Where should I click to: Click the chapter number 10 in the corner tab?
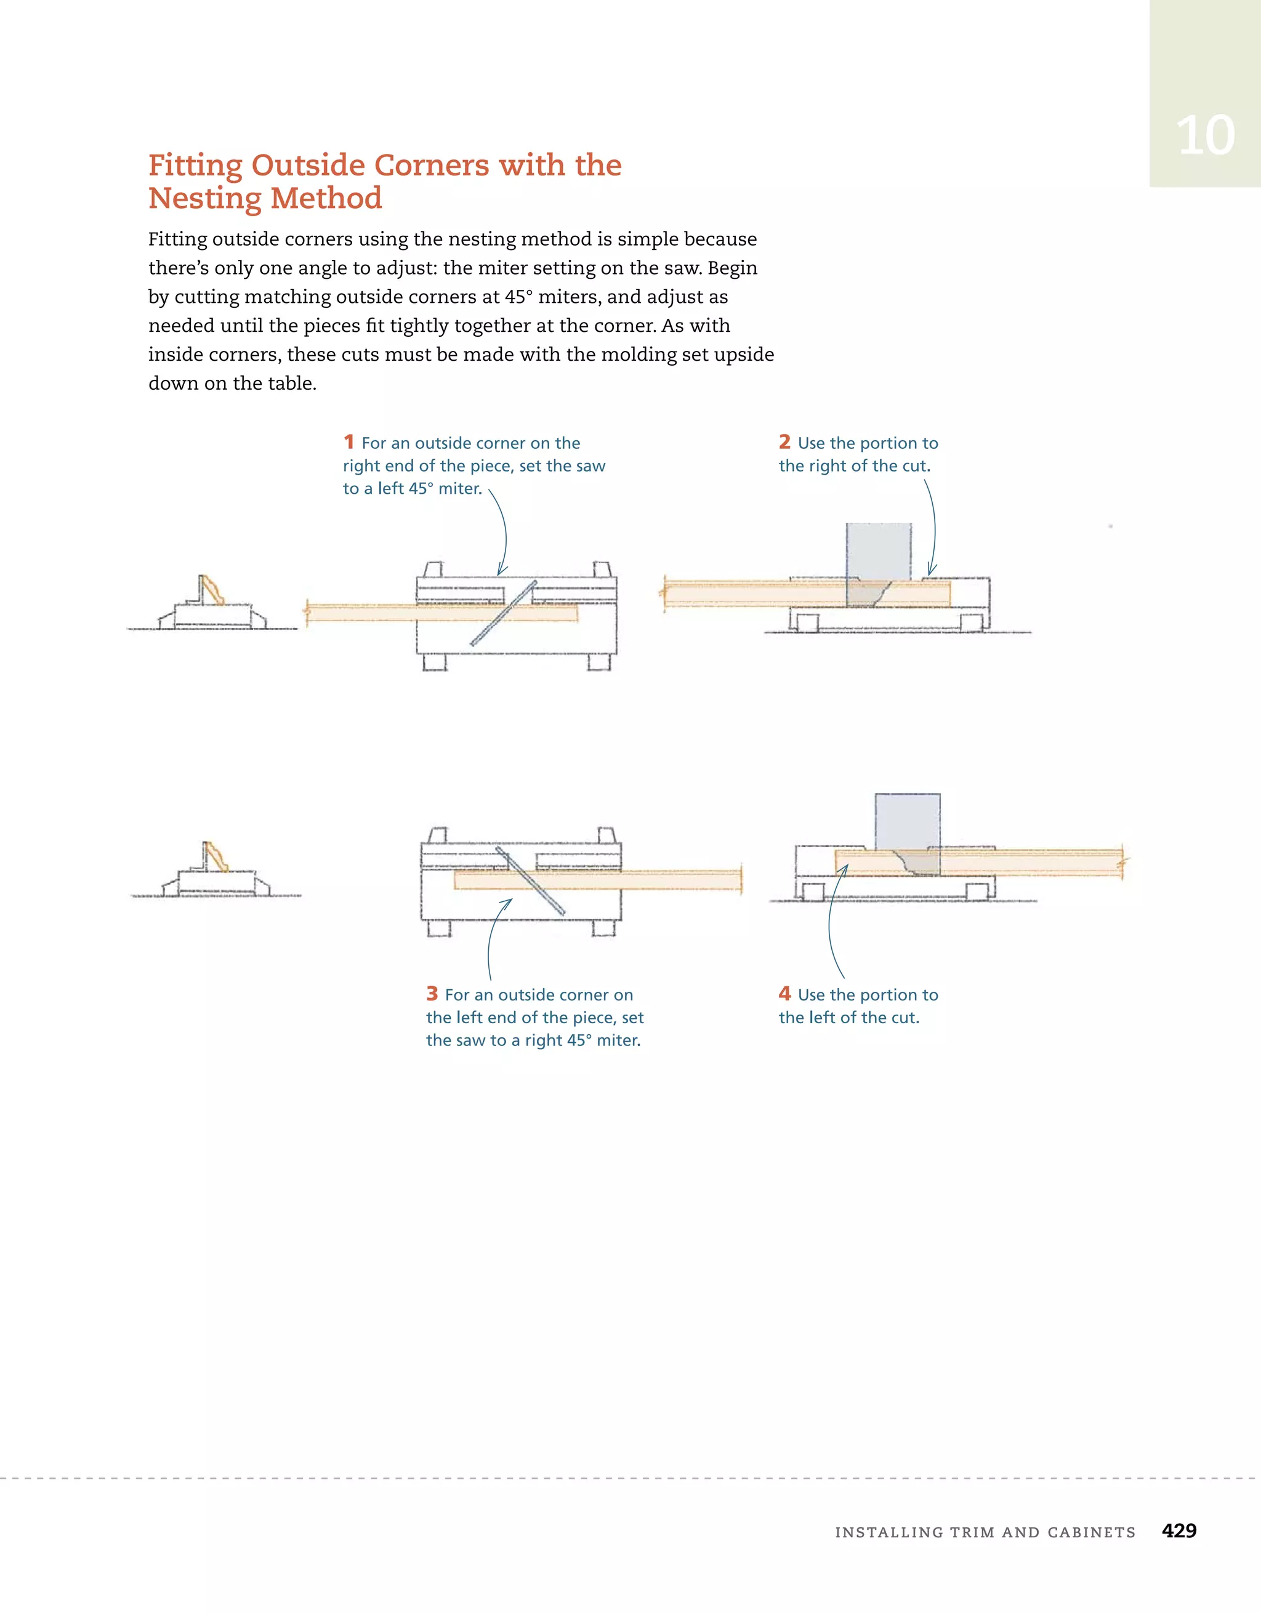(x=1205, y=136)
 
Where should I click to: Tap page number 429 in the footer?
(x=1179, y=1531)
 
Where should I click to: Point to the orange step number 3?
(x=432, y=994)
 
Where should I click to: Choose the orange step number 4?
(x=784, y=994)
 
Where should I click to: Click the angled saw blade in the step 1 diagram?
(x=503, y=613)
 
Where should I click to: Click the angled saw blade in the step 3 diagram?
(x=530, y=881)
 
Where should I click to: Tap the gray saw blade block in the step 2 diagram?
(x=879, y=565)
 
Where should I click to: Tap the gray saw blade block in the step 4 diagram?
(x=908, y=835)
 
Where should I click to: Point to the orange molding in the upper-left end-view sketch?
(x=213, y=590)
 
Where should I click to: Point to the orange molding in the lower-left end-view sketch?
(x=217, y=857)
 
